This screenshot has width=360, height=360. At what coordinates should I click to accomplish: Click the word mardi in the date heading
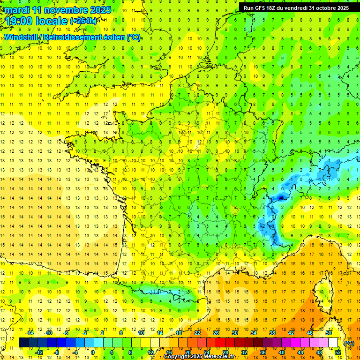(x=16, y=10)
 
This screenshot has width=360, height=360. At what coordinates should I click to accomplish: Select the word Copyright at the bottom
(x=178, y=357)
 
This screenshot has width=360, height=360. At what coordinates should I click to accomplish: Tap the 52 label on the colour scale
(x=338, y=352)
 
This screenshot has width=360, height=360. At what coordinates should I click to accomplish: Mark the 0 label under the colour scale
(x=93, y=352)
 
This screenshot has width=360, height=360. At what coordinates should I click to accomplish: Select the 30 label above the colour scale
(x=235, y=333)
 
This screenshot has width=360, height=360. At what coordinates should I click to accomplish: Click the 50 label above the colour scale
(x=328, y=333)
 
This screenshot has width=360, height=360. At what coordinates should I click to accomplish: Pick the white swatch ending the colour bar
(x=333, y=343)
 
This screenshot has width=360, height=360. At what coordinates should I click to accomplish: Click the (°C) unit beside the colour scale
(x=349, y=343)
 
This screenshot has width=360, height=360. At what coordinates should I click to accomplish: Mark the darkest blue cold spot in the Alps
(x=280, y=198)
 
